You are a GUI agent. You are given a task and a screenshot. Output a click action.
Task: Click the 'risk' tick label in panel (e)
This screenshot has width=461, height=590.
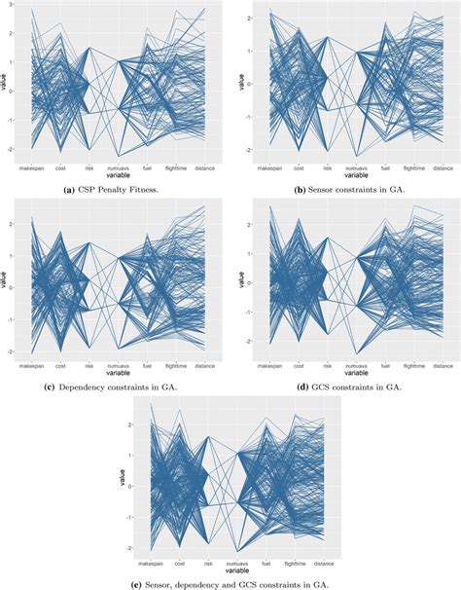click(x=207, y=563)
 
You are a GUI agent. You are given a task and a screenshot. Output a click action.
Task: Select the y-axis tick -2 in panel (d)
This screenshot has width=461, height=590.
click(x=249, y=343)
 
